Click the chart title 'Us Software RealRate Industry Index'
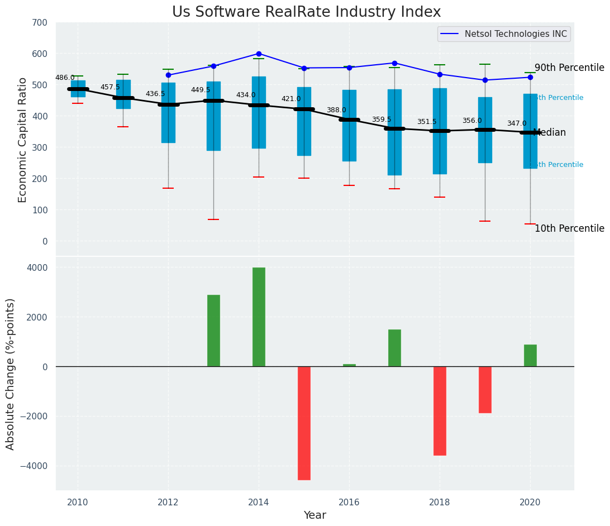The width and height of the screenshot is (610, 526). tap(306, 12)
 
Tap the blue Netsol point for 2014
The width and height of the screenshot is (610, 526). tap(259, 54)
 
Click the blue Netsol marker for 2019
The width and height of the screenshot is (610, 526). tap(485, 80)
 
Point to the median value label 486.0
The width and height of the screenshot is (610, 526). tap(65, 78)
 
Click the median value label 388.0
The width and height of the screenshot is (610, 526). tap(336, 110)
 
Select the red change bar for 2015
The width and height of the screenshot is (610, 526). tap(304, 423)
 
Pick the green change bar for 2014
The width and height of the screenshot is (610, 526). tap(259, 317)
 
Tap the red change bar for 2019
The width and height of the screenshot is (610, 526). tap(485, 389)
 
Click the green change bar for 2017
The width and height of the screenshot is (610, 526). tap(394, 348)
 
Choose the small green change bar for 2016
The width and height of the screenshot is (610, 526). tap(349, 365)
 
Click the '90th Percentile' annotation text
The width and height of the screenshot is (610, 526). tap(569, 68)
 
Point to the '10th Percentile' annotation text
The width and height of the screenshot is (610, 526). tap(569, 228)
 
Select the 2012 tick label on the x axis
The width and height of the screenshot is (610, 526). tap(168, 502)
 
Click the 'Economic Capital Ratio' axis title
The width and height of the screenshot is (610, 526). tap(23, 140)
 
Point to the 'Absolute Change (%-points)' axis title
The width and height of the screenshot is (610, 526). tap(11, 374)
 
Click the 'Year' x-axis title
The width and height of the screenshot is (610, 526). tap(315, 515)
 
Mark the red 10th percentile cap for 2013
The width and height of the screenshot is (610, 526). tap(213, 219)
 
